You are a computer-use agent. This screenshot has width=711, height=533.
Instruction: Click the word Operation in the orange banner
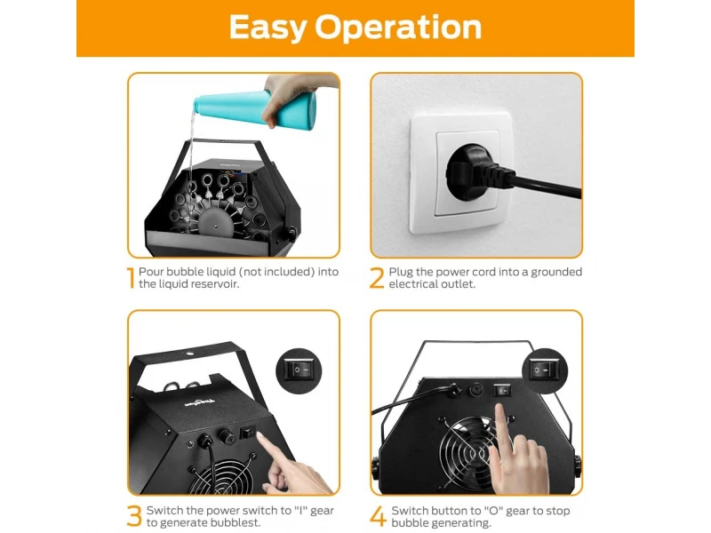click(398, 28)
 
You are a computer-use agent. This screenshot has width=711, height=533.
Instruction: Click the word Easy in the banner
click(268, 28)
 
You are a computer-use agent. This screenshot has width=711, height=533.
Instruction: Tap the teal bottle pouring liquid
click(255, 107)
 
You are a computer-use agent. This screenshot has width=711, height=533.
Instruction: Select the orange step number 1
click(131, 278)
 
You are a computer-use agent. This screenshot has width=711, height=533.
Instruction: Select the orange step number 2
click(377, 278)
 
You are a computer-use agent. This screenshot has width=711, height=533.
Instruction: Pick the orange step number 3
click(134, 516)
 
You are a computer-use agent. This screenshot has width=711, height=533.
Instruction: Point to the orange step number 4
click(378, 517)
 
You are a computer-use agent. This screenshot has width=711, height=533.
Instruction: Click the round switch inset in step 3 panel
click(299, 370)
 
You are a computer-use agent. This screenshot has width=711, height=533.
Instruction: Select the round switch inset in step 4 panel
click(545, 370)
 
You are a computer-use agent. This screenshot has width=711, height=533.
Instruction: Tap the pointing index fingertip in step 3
click(260, 436)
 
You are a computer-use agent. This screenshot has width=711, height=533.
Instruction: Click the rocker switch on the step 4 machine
click(502, 390)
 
